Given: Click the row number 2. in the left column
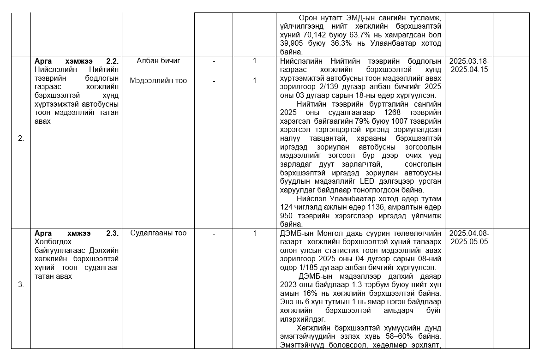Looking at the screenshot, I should click(21, 138).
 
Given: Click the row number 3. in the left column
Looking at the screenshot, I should click(21, 285).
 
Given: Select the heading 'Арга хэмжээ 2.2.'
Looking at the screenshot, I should click(77, 61).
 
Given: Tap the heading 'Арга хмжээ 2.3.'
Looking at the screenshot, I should click(77, 233).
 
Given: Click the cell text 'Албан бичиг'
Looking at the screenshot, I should click(158, 61).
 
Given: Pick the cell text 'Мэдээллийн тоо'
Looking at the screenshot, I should click(158, 81).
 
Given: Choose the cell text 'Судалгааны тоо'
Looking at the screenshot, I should click(158, 233).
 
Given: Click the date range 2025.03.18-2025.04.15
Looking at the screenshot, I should click(469, 66).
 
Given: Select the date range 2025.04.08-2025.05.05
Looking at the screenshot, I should click(469, 238).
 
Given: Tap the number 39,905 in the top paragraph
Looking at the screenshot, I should click(291, 44).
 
